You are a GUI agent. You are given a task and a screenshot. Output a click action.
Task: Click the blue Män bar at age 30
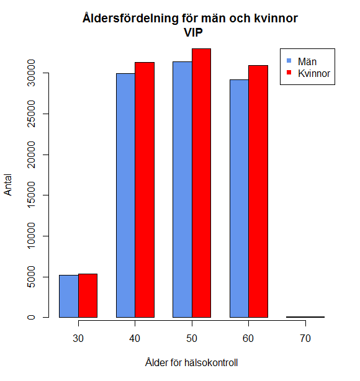pos(68,296)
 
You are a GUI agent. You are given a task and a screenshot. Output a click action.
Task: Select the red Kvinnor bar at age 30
pos(88,295)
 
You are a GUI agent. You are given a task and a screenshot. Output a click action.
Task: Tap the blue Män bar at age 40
pos(125,195)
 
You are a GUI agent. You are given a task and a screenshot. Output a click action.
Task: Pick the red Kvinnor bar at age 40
pos(145,190)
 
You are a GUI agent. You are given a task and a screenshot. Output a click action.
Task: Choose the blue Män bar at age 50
pos(182,189)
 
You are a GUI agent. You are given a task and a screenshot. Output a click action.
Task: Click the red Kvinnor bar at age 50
pos(201,183)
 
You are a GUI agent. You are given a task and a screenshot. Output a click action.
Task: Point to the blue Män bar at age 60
pos(239,199)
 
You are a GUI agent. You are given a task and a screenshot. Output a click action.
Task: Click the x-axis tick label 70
pos(305,340)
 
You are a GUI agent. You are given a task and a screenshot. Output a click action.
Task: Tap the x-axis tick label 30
pos(78,340)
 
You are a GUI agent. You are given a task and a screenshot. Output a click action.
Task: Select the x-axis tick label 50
pos(192,340)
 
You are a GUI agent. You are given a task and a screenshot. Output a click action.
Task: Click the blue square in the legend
pos(289,61)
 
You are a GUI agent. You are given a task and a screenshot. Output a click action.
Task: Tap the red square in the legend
pos(289,73)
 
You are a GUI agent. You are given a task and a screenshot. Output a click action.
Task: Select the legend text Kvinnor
pos(313,73)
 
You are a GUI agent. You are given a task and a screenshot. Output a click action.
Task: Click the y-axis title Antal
pos(8,185)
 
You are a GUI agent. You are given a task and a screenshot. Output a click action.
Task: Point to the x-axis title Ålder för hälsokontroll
pos(191,362)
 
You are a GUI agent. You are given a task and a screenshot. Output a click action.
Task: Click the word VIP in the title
pos(191,32)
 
